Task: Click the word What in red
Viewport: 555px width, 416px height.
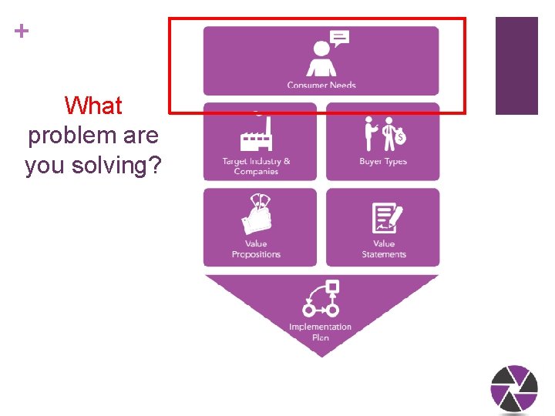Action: click(93, 106)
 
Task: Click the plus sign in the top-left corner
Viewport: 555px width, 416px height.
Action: click(22, 31)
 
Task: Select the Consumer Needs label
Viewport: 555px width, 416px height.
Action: click(321, 85)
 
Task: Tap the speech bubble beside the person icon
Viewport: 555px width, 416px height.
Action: click(339, 38)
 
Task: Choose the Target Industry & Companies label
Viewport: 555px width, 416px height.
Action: click(256, 166)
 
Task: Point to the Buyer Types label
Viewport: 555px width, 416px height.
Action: click(383, 162)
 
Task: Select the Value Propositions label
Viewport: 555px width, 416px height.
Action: click(256, 249)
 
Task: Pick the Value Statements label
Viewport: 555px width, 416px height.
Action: click(384, 249)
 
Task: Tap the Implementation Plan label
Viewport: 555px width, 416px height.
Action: click(321, 332)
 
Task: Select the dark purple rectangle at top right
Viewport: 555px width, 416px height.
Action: click(516, 65)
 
